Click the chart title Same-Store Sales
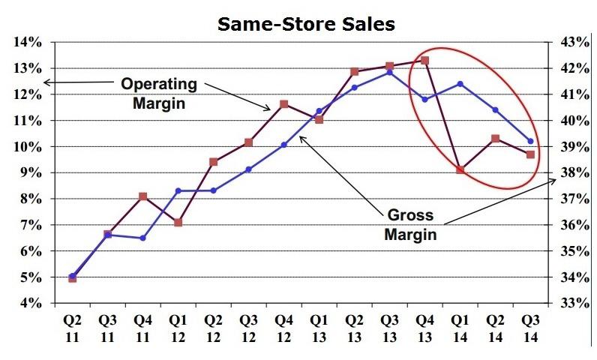(x=306, y=25)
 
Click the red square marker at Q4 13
(x=424, y=60)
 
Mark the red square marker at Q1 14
(x=460, y=169)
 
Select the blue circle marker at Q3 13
(x=389, y=73)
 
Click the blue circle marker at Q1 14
(x=460, y=84)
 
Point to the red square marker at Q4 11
(x=142, y=196)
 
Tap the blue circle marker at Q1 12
(x=178, y=190)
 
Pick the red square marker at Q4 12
(x=283, y=104)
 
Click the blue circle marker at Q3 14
(x=531, y=141)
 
